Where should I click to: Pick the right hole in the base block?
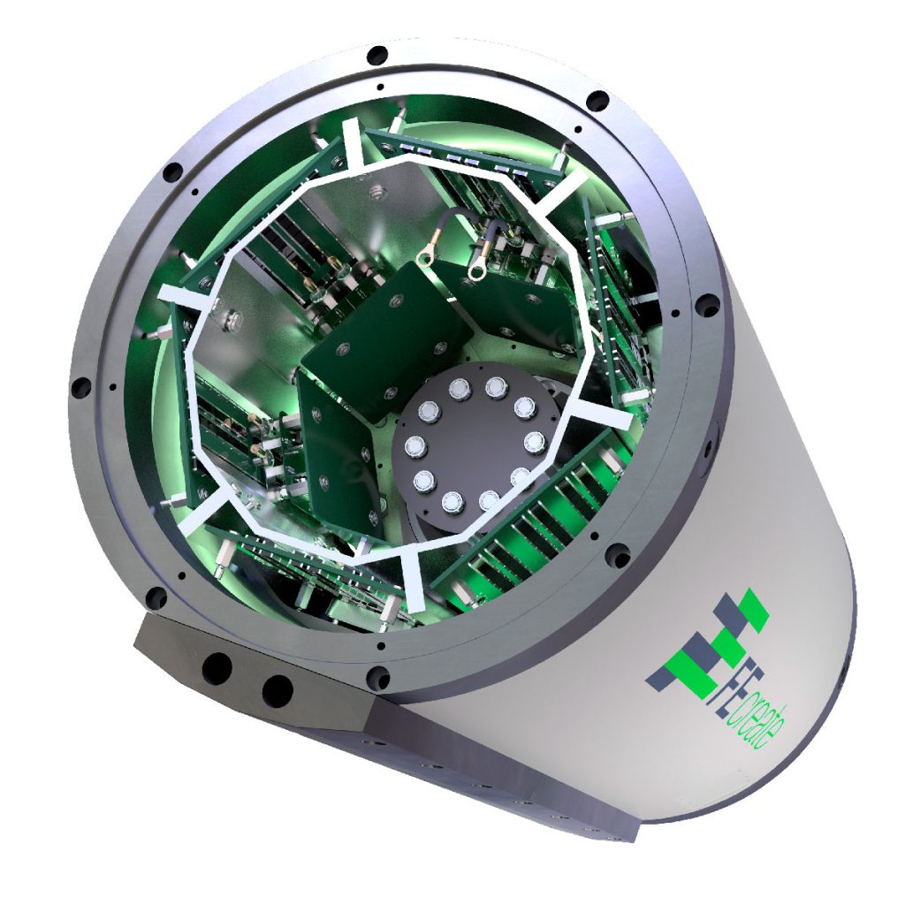[x=277, y=689]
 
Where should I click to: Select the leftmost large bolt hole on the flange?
[x=80, y=386]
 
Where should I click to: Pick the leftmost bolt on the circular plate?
[x=411, y=446]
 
